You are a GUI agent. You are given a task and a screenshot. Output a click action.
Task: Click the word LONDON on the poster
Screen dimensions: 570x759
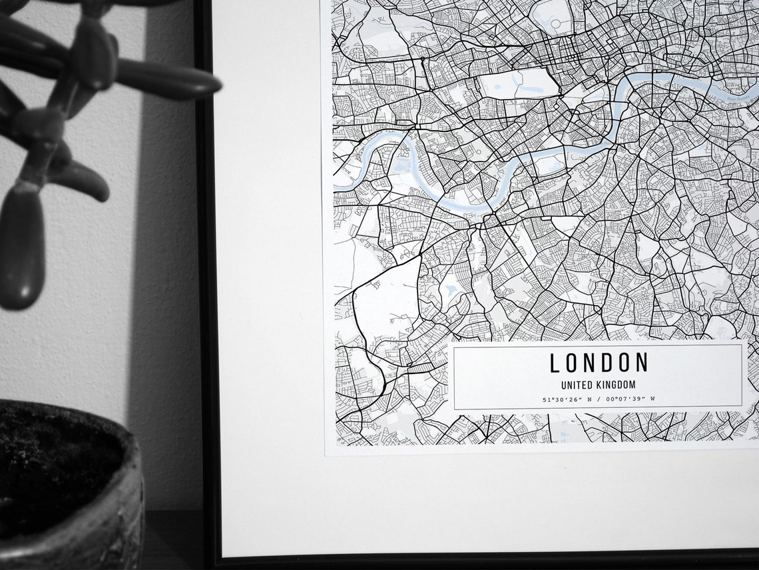[599, 363]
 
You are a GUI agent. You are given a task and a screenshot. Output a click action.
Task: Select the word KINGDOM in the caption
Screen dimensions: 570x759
[616, 385]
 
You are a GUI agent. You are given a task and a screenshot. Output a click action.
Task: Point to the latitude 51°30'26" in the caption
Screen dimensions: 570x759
[563, 399]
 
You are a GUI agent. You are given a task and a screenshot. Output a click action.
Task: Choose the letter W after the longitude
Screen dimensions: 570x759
[652, 399]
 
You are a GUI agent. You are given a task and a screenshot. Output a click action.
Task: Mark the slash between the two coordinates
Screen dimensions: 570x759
[602, 399]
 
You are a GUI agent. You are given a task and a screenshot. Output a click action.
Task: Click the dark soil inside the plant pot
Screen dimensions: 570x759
[53, 460]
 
